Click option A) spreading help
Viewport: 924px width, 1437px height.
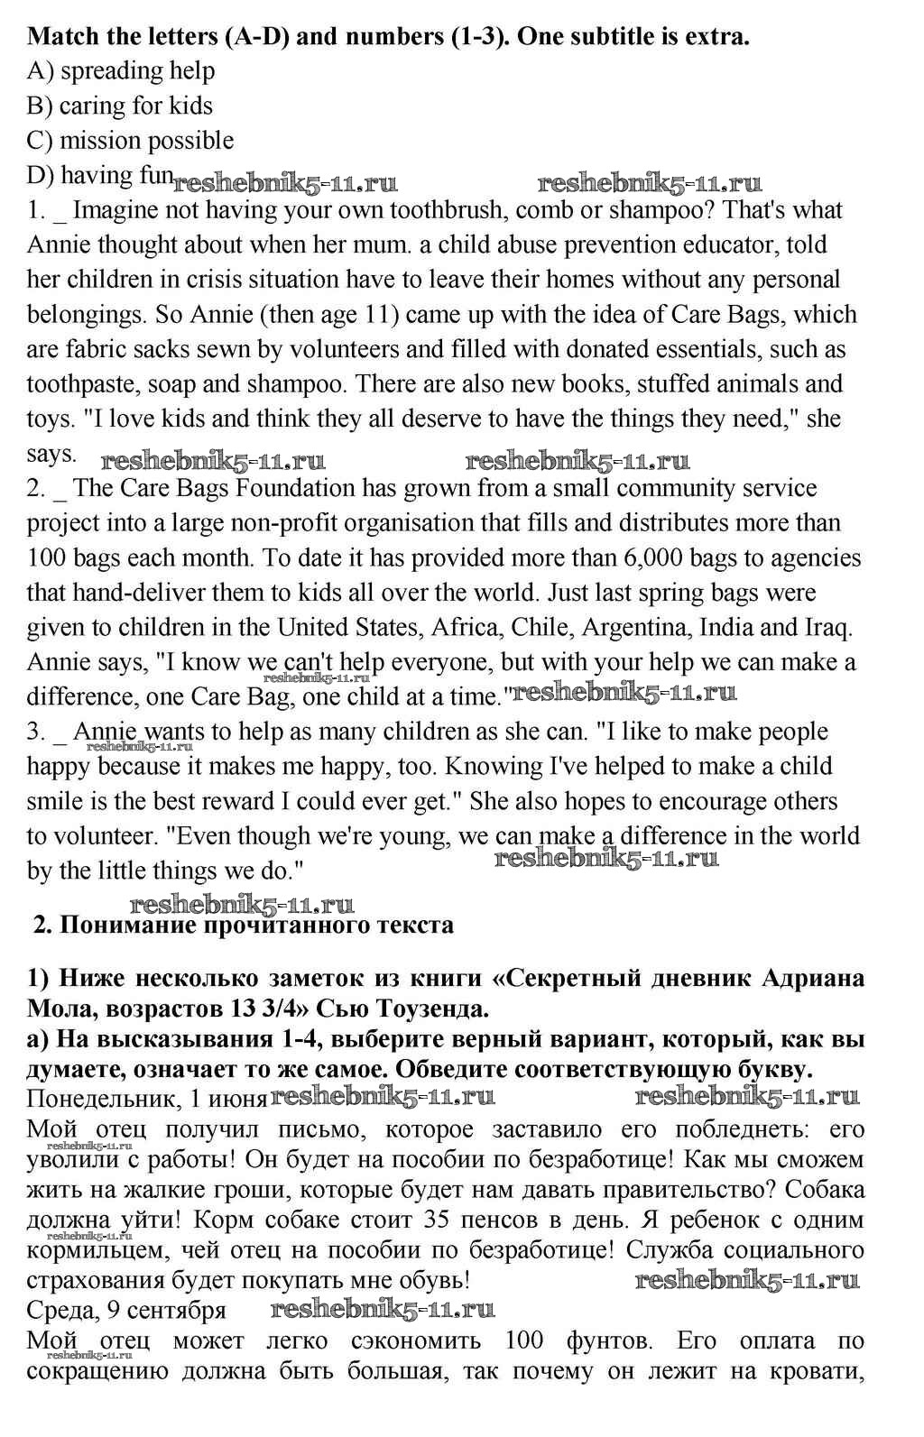click(121, 71)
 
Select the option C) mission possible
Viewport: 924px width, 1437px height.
click(130, 141)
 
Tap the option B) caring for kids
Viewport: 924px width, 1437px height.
click(119, 106)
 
